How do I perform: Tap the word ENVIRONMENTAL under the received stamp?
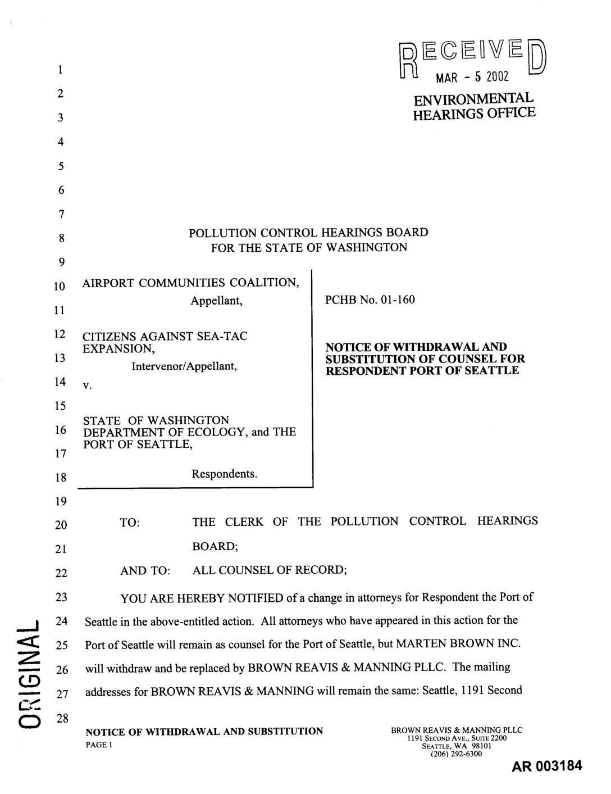pyautogui.click(x=473, y=99)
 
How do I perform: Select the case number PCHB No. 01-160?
pyautogui.click(x=370, y=300)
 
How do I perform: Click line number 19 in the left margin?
pyautogui.click(x=60, y=501)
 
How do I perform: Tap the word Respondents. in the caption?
pyautogui.click(x=225, y=474)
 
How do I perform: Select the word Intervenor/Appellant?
pyautogui.click(x=184, y=366)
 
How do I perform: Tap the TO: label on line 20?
pyautogui.click(x=130, y=523)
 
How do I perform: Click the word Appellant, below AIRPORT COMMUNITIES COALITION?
pyautogui.click(x=216, y=301)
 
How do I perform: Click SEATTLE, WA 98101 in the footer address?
pyautogui.click(x=457, y=746)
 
